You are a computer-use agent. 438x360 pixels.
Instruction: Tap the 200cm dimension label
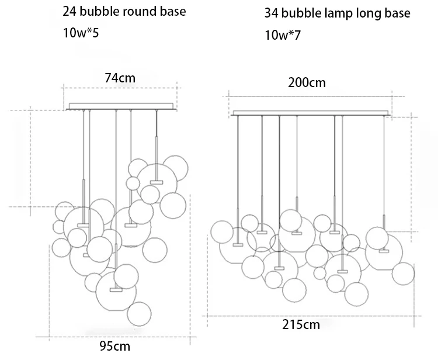click(x=307, y=82)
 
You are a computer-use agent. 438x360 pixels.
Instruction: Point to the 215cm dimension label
click(x=300, y=325)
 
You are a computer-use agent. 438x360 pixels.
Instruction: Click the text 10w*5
click(x=81, y=33)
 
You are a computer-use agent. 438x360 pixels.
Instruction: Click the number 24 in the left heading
click(x=70, y=12)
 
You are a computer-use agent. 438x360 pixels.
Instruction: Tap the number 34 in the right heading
click(x=272, y=13)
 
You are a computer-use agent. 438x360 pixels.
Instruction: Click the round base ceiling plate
click(x=121, y=106)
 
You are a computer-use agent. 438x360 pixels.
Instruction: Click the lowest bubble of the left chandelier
click(x=139, y=313)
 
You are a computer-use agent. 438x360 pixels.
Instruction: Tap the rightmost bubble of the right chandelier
click(x=403, y=274)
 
